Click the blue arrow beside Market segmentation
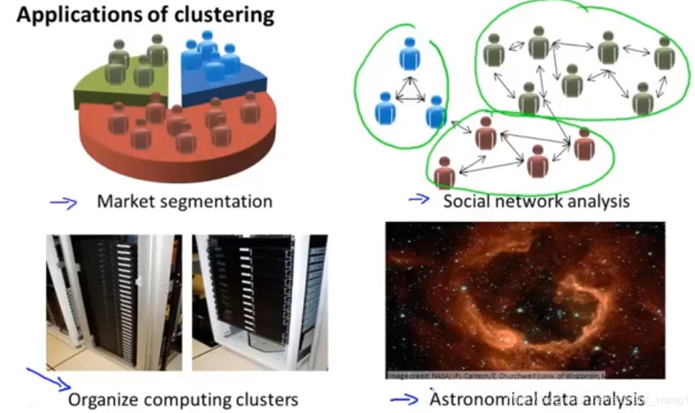pos(63,203)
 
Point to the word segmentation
pos(216,201)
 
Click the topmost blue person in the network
pos(410,54)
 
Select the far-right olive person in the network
pos(664,54)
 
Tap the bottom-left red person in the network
pos(444,173)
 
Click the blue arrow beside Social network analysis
pos(419,199)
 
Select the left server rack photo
pos(114,302)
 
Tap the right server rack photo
pos(259,302)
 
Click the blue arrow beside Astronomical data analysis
pos(404,399)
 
